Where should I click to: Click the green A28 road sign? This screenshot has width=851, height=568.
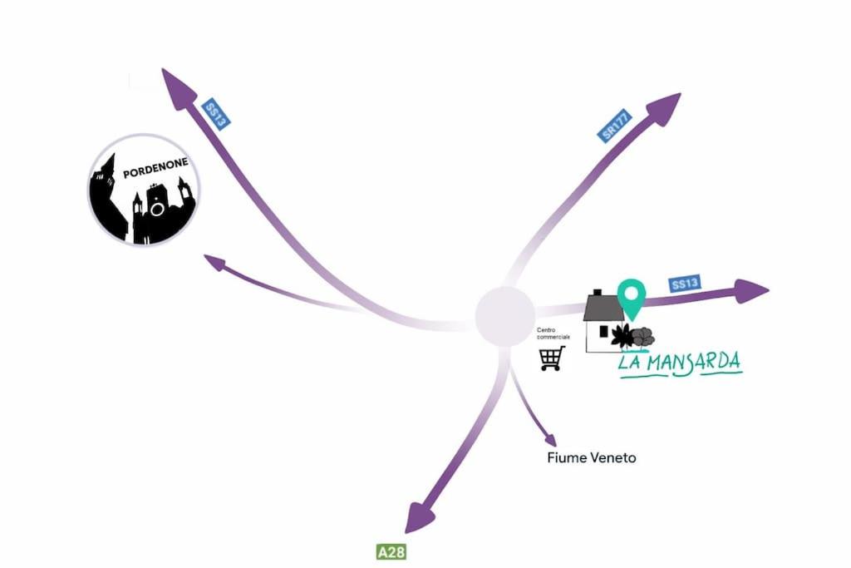[x=391, y=552]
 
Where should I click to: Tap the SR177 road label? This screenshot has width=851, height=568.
[x=616, y=126]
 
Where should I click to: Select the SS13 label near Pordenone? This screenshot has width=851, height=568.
[x=215, y=115]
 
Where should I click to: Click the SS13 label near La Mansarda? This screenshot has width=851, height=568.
[x=685, y=284]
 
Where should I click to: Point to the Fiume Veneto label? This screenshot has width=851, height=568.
[x=592, y=457]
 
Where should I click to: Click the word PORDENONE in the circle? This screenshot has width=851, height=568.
[x=155, y=168]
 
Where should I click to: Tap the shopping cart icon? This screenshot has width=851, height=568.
[x=552, y=358]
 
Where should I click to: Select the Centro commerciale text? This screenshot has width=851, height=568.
[x=553, y=333]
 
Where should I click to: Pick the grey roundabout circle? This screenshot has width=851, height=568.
[x=504, y=316]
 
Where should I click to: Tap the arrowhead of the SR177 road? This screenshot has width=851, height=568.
[x=664, y=109]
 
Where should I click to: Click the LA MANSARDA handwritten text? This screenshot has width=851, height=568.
[x=681, y=363]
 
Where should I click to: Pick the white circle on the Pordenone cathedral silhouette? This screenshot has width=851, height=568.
[x=157, y=209]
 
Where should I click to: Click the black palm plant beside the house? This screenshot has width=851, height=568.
[x=622, y=336]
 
